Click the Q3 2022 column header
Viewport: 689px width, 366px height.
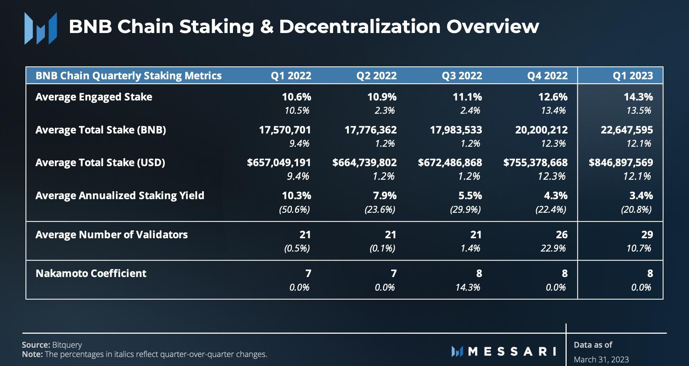tap(462, 76)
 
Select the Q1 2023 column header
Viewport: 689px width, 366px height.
tap(633, 76)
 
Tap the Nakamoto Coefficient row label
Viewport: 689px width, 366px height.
tap(91, 273)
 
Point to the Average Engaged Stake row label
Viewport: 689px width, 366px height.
tap(94, 97)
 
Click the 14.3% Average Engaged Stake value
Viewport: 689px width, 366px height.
tap(638, 97)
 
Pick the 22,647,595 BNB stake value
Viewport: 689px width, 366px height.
tap(627, 130)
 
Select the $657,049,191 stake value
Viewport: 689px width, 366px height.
tap(279, 163)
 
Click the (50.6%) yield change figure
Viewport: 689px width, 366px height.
tap(294, 210)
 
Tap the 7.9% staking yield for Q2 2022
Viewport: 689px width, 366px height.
tap(385, 196)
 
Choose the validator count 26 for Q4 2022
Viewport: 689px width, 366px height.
tap(562, 235)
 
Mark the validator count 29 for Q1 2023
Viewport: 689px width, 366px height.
tap(647, 235)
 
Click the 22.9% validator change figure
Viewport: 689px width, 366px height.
tap(553, 248)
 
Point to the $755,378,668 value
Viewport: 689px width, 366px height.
tap(535, 163)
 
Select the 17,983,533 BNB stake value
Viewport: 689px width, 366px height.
tap(456, 130)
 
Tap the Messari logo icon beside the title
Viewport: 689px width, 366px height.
tap(41, 28)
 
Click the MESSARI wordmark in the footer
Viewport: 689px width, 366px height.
tap(512, 351)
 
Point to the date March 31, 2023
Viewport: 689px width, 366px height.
tap(601, 360)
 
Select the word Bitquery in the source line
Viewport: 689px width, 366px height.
tap(67, 345)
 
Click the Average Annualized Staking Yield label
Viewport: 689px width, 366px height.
tap(119, 196)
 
